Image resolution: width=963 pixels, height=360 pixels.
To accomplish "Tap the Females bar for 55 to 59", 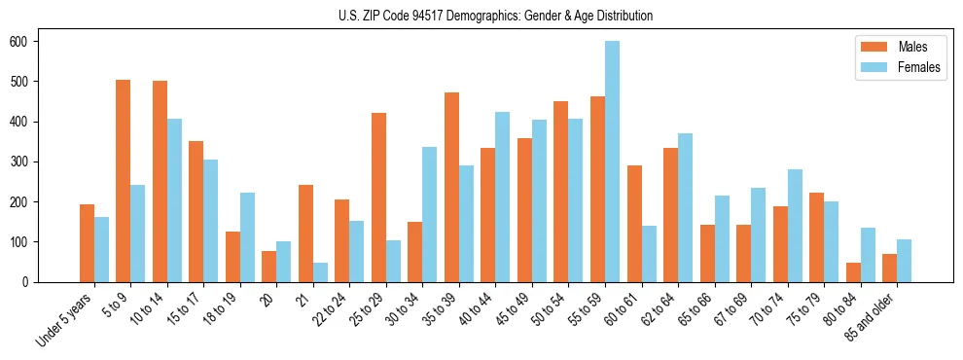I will (x=612, y=162).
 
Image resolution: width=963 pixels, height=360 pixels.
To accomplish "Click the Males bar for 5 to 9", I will (x=124, y=181).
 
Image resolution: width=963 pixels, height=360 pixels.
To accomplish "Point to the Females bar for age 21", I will (x=320, y=272).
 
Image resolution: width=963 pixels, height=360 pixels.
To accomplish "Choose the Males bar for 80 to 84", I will (x=853, y=272).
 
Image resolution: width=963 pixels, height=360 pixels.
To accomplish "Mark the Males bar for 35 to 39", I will (x=451, y=187).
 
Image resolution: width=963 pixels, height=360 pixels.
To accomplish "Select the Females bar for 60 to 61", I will (x=649, y=254).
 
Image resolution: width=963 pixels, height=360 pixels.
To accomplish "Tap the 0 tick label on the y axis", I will (x=31, y=282).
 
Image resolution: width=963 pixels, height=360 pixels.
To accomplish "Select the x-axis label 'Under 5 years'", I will (x=64, y=320).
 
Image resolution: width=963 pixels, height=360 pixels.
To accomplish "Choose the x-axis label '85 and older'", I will (x=869, y=318).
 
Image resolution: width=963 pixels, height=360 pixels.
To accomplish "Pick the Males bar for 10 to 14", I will (x=160, y=181).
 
